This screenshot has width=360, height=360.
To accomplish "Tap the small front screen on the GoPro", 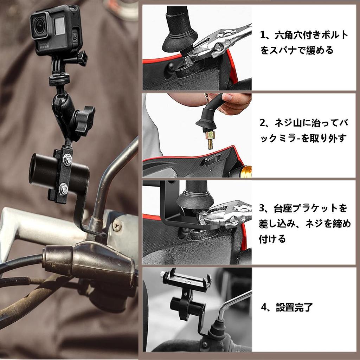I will point(60,26).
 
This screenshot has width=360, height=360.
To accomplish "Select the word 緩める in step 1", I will point(320,50).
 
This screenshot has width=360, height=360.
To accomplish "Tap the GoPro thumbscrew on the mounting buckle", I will point(82,58).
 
